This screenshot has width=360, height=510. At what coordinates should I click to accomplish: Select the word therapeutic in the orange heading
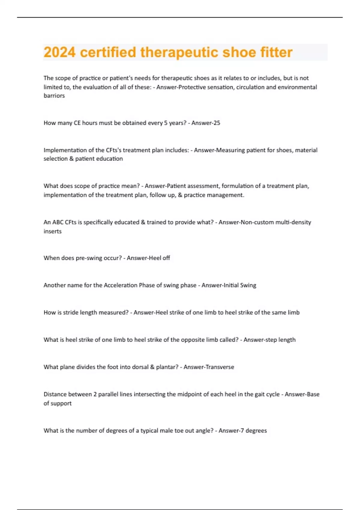click(x=179, y=52)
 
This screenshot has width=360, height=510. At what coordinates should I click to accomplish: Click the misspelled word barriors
click(x=54, y=96)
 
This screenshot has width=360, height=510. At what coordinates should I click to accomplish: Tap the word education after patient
click(x=111, y=159)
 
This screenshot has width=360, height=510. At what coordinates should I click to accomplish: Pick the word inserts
click(x=52, y=231)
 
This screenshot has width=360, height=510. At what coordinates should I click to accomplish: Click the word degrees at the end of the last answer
click(x=256, y=431)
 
